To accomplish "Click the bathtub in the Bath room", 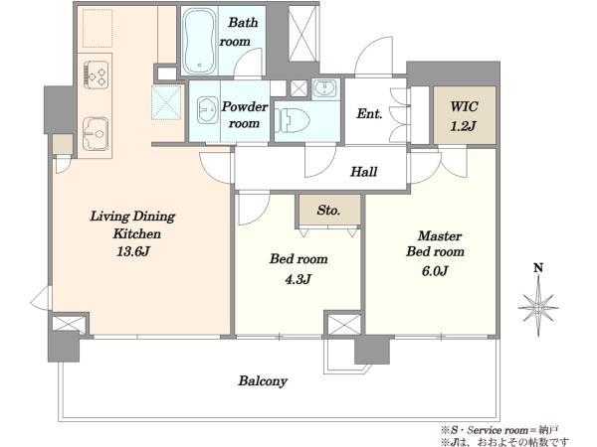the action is pos(199,41).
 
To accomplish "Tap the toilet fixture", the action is pos(292,120).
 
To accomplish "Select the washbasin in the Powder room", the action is pos(208,110).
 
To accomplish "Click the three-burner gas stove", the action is pos(97,74).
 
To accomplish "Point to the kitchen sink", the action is pos(96,134).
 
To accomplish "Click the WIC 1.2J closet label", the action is pos(464,116).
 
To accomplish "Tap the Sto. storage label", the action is pos(328,210).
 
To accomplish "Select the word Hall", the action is pos(363,172).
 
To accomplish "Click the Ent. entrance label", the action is pos(369,113).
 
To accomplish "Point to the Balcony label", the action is pos(263,380).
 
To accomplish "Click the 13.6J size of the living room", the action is pos(132,251).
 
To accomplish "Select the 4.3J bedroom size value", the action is pos(298,279).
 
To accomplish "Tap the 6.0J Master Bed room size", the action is pos(435,271).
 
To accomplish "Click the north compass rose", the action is pos(538,306).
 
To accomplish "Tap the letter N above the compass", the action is pos(538,268).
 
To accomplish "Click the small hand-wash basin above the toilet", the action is pos(324,89).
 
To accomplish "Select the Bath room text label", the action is pos(239,32).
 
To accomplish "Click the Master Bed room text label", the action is pos(436,243).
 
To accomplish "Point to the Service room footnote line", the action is pos(499,430).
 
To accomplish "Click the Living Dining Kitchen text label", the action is pos(133,224).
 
